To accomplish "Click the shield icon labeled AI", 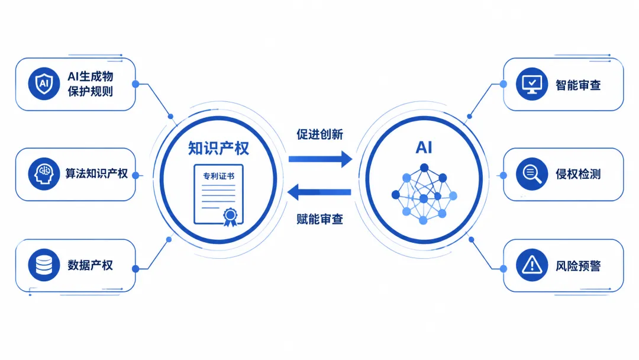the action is point(44,84).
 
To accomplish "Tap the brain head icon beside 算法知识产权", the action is point(44,174).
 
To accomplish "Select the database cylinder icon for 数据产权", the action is point(44,265).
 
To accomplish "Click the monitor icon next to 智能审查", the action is point(532,84).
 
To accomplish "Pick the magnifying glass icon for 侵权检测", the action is point(532,174).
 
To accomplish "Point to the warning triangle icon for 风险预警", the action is point(532,265).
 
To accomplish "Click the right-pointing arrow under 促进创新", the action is point(320,159).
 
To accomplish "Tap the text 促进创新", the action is point(320,134).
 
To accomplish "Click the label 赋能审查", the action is point(320,219).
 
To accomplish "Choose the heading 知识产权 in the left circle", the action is point(218,148).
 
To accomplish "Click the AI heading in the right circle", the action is point(424,147).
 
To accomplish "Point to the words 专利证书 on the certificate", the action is point(219,176).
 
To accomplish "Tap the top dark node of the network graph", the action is point(424,168).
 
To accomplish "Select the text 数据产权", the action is point(90,265).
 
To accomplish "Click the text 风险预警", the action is point(578,266).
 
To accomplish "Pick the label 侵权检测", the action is point(578,175).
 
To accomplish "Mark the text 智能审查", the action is point(578,85).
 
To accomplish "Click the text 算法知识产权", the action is point(96,173).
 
